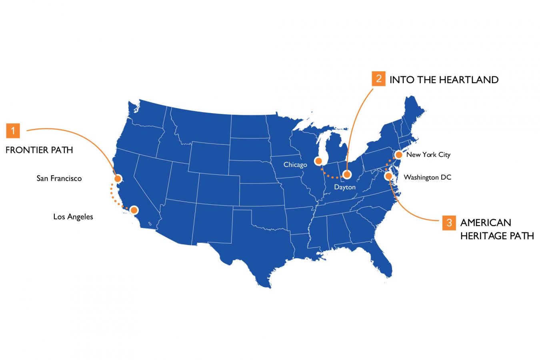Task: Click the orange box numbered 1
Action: coord(13,130)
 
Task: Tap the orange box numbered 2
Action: coord(378,79)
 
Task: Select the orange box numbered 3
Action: coord(449,223)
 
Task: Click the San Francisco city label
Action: coord(59,178)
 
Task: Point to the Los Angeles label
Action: coord(73,217)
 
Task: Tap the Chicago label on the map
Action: coord(295,165)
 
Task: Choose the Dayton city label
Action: coord(344,187)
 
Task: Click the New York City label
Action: coord(428,155)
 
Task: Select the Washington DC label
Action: coord(427,177)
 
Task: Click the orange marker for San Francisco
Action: coord(118,178)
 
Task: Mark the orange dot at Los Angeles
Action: coord(134,210)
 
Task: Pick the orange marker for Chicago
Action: coord(318,162)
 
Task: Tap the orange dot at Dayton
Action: coord(347,174)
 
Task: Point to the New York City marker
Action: coord(398,154)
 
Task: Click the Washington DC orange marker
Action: coord(388,176)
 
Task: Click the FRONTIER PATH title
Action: coord(39,150)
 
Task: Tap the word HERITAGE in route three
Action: coord(484,236)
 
